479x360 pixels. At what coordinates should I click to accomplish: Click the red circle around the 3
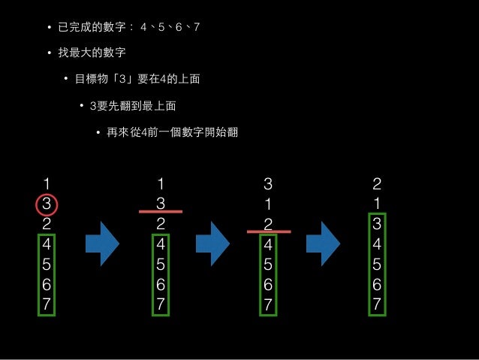46,203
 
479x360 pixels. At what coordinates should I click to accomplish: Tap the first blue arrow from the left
102,244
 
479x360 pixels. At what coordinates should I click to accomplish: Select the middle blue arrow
212,244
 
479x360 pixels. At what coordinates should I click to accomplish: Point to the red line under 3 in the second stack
161,213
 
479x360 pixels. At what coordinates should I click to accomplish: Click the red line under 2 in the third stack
269,232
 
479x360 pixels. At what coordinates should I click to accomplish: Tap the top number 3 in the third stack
268,183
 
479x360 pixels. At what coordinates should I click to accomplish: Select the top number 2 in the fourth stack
377,183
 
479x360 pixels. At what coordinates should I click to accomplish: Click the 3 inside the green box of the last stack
377,224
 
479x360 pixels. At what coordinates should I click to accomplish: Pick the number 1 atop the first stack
47,183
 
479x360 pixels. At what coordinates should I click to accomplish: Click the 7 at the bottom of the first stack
47,305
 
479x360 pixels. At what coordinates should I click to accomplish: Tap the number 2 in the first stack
47,224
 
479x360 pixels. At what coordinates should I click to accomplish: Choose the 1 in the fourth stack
377,204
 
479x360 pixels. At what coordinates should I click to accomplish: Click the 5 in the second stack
160,265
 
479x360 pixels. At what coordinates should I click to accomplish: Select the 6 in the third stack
269,285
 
